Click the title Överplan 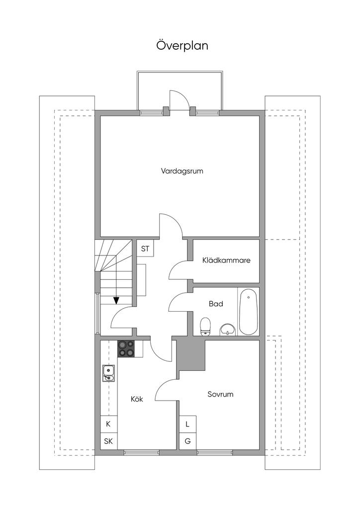[x=182, y=46]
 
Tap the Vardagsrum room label [x=182, y=171]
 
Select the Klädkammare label [x=226, y=260]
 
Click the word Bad [x=216, y=304]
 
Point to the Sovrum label [x=220, y=395]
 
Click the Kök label [x=137, y=399]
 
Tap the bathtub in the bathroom [x=249, y=312]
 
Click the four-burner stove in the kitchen [x=126, y=348]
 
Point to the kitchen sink [x=109, y=372]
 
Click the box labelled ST [x=145, y=249]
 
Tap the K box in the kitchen [x=108, y=424]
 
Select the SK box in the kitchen [x=108, y=441]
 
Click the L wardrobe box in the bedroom [x=187, y=424]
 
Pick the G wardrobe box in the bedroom [x=187, y=441]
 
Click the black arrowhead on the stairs [x=116, y=300]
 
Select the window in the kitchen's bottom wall [x=141, y=452]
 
